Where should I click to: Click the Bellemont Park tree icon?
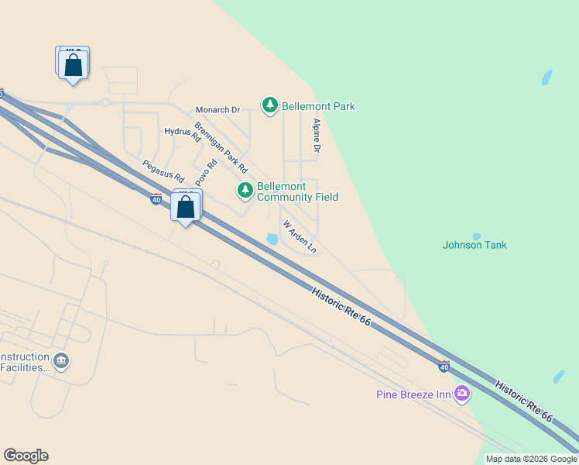click(x=269, y=105)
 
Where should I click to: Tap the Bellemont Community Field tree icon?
click(x=245, y=190)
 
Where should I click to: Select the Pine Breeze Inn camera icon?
click(x=462, y=394)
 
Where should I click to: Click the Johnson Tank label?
click(x=475, y=245)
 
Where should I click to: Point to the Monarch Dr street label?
click(x=218, y=110)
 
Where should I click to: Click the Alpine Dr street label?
click(x=316, y=135)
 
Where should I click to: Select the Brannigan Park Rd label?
click(x=221, y=147)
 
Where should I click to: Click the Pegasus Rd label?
click(x=163, y=171)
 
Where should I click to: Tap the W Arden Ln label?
click(x=300, y=237)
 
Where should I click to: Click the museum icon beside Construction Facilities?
click(x=61, y=360)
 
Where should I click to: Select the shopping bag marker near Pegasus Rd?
click(x=186, y=207)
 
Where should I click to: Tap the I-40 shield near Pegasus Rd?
click(x=156, y=199)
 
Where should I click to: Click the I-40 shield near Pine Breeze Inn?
click(x=444, y=366)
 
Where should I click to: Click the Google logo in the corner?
click(x=26, y=456)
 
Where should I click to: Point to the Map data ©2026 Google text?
click(x=531, y=459)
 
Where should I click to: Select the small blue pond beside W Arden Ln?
click(x=272, y=239)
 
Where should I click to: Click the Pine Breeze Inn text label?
click(x=413, y=394)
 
